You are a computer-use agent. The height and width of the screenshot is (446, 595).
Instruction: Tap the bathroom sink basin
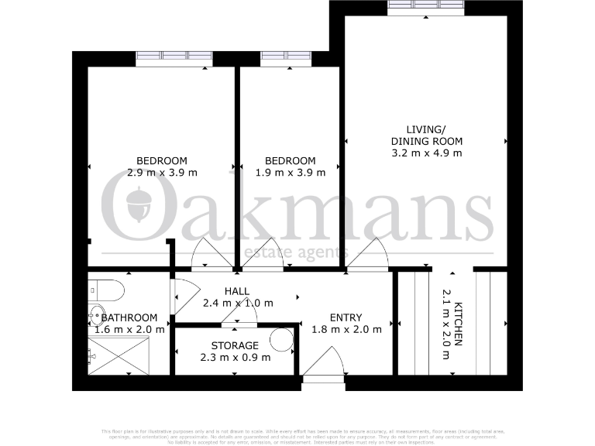coord(96,314)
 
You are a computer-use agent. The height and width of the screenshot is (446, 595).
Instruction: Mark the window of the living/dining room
coord(426,9)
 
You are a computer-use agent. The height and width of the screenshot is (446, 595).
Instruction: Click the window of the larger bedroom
coord(174,57)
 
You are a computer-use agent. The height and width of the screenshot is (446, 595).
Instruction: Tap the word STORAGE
coord(235,345)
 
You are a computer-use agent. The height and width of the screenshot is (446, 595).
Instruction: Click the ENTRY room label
coord(346,317)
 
